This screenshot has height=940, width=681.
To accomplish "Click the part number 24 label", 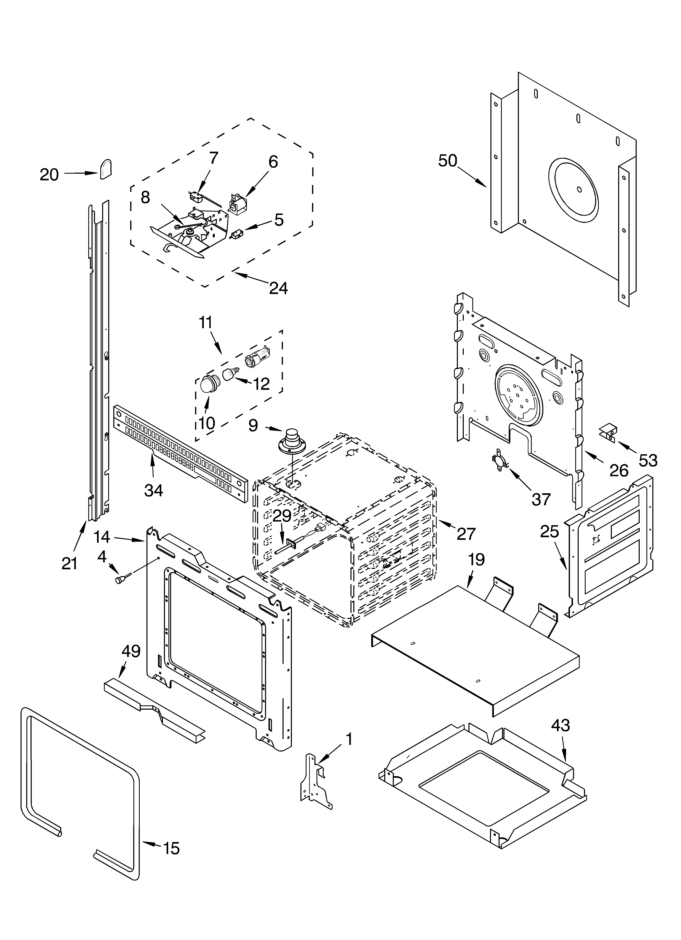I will click(278, 288).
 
